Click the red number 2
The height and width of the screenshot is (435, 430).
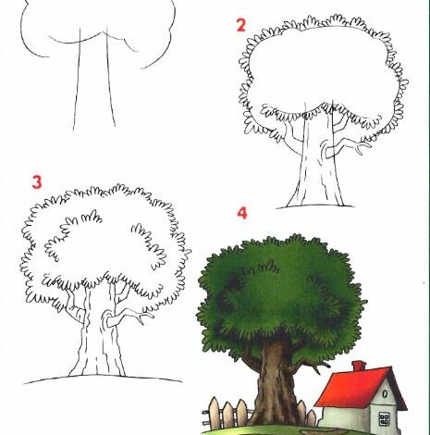[241, 25]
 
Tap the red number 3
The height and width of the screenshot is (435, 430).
[37, 182]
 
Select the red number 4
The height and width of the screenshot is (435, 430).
[242, 213]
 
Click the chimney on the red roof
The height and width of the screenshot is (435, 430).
[358, 367]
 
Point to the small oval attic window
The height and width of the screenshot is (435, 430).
[385, 394]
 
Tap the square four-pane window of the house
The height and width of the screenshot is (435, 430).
[384, 418]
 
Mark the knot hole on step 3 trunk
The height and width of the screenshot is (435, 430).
[105, 319]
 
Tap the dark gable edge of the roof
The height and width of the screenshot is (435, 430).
[400, 389]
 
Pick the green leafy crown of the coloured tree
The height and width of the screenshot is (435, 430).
[279, 293]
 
